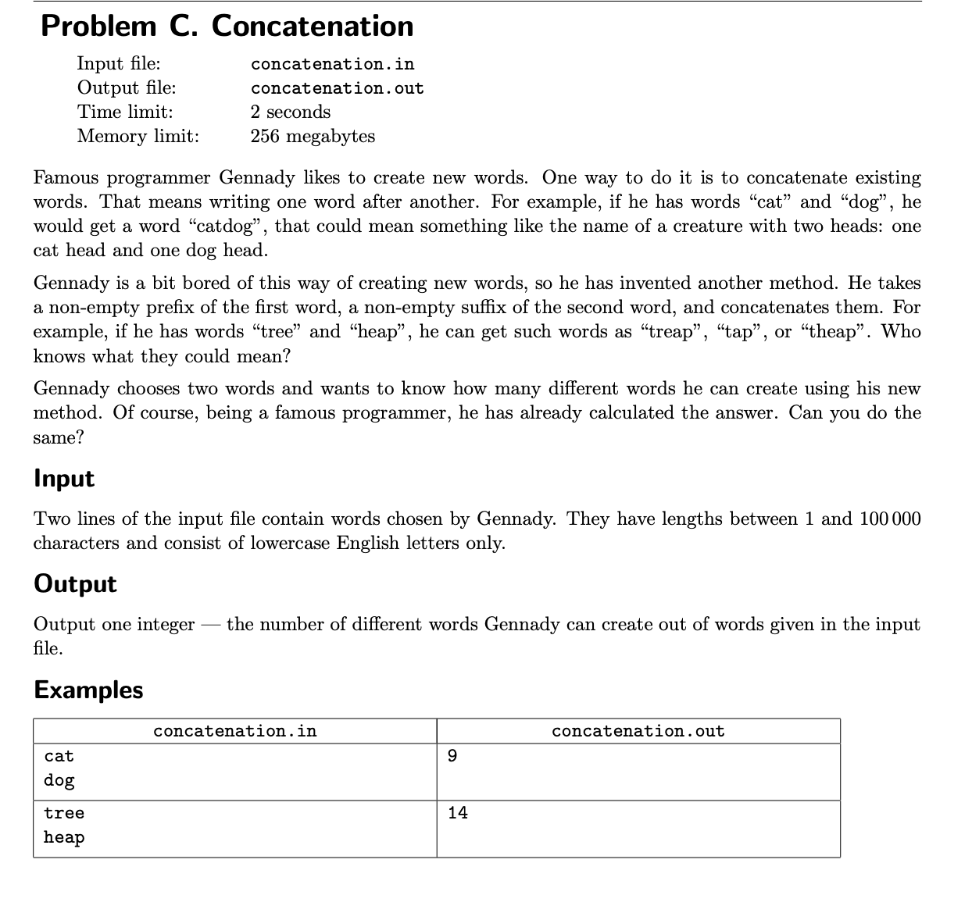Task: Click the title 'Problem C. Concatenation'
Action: coord(227,27)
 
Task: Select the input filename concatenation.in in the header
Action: coord(332,64)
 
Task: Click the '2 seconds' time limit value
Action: coord(291,112)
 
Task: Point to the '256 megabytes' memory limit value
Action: coord(313,136)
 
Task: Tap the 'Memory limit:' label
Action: coord(138,136)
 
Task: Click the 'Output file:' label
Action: coord(126,87)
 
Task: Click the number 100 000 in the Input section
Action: coord(890,519)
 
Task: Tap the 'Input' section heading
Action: coord(64,478)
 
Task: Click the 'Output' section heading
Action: coord(75,583)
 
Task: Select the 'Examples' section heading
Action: coord(88,690)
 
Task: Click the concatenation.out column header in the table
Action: coord(638,731)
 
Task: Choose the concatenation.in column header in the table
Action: coord(234,731)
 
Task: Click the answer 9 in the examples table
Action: coord(452,756)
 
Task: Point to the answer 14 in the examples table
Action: coord(458,813)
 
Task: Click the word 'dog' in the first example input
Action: coord(59,780)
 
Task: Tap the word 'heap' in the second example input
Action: coord(64,837)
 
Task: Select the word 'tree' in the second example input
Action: coord(64,813)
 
